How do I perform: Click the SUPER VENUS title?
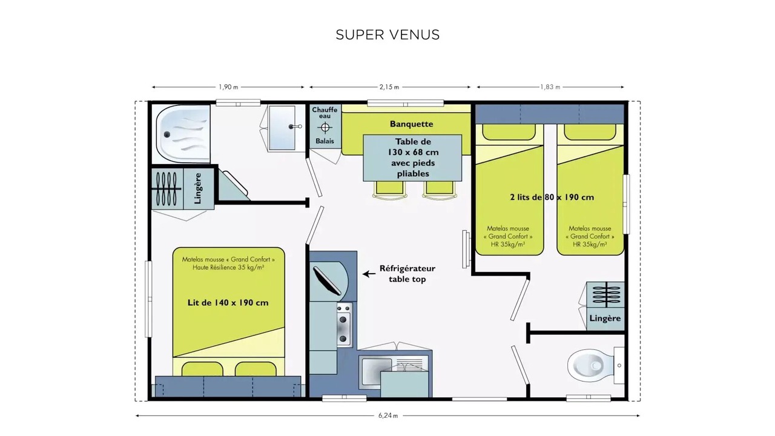point(387,35)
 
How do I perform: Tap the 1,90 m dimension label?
point(228,87)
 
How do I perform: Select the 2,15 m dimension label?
point(389,87)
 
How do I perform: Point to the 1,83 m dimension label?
point(550,87)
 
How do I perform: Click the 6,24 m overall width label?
point(388,415)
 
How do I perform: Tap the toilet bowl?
point(588,365)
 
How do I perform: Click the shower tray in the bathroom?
point(183,134)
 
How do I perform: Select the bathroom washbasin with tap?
point(282,128)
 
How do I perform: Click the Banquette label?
point(411,124)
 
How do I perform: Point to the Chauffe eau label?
point(325,113)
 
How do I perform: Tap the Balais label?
point(325,141)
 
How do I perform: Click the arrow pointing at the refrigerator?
point(369,274)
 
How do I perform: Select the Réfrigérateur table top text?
point(407,274)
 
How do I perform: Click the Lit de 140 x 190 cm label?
point(228,303)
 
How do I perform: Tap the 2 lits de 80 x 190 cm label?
point(552,197)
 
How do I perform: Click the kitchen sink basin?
point(377,372)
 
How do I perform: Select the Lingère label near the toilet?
point(605,319)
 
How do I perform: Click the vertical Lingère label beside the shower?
point(198,188)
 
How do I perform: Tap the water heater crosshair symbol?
point(325,128)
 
